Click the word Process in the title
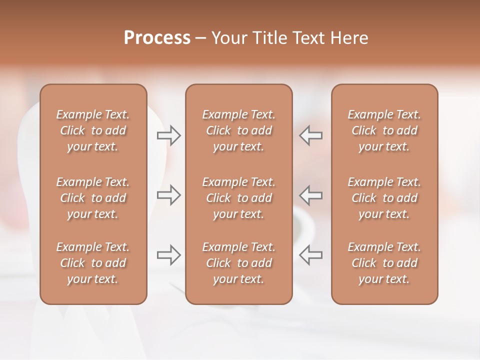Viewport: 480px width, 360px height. point(157,38)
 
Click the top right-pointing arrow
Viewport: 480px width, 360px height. point(168,135)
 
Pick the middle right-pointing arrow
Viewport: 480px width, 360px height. point(168,195)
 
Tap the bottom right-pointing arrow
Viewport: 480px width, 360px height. point(168,255)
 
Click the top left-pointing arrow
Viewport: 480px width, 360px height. point(310,135)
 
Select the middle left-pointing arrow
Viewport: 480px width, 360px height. point(310,195)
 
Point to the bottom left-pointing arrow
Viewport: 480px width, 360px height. point(310,255)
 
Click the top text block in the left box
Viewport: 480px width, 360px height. point(93,130)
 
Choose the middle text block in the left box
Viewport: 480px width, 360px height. point(93,198)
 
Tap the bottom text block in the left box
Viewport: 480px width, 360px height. point(93,263)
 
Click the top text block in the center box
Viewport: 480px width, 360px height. point(239,130)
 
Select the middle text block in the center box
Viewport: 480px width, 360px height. point(239,198)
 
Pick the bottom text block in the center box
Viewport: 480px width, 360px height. point(239,263)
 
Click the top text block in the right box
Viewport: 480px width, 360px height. point(384,130)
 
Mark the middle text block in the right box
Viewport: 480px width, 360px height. point(384,198)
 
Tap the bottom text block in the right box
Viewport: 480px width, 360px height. point(384,263)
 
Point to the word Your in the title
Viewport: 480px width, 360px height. point(228,38)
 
